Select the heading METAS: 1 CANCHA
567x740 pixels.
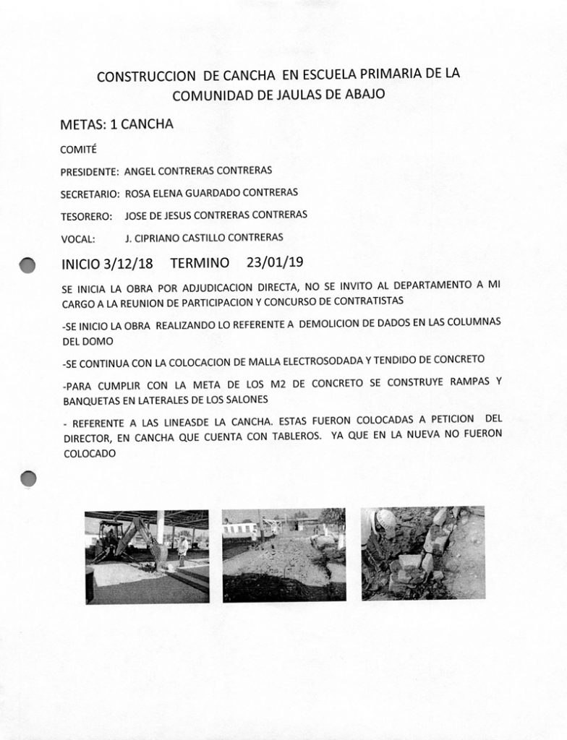[x=116, y=124]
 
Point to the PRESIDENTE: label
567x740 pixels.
[x=90, y=173]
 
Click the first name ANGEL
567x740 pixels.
[x=140, y=172]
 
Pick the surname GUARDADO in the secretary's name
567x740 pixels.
[x=213, y=194]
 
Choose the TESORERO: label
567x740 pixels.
[x=86, y=216]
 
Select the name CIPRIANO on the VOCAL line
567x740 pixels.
[x=169, y=238]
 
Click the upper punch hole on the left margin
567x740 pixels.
[x=27, y=264]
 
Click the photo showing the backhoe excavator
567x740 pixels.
[x=147, y=556]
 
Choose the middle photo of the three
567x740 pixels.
[x=283, y=555]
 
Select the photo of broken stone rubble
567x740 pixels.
[x=423, y=554]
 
